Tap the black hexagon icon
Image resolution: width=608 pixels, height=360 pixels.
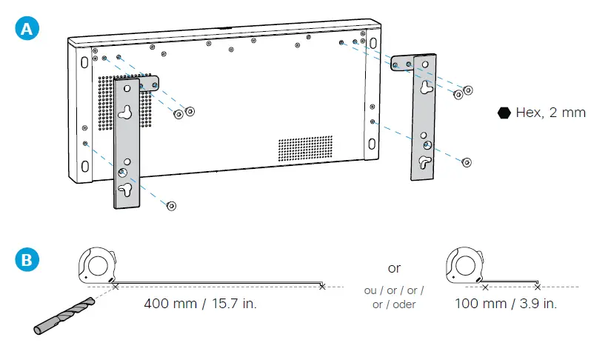(x=504, y=113)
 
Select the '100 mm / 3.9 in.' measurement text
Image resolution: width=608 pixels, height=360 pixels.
(x=506, y=304)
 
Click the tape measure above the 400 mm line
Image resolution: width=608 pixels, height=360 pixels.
(x=98, y=266)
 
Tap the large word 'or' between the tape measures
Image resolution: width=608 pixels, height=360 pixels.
(x=394, y=267)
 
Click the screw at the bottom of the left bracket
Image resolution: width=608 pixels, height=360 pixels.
(x=172, y=205)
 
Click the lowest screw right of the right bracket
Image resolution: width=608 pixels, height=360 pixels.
(x=464, y=161)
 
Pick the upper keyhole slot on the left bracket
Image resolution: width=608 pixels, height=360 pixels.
(x=126, y=113)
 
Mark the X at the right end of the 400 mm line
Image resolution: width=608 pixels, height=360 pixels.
(x=321, y=286)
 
